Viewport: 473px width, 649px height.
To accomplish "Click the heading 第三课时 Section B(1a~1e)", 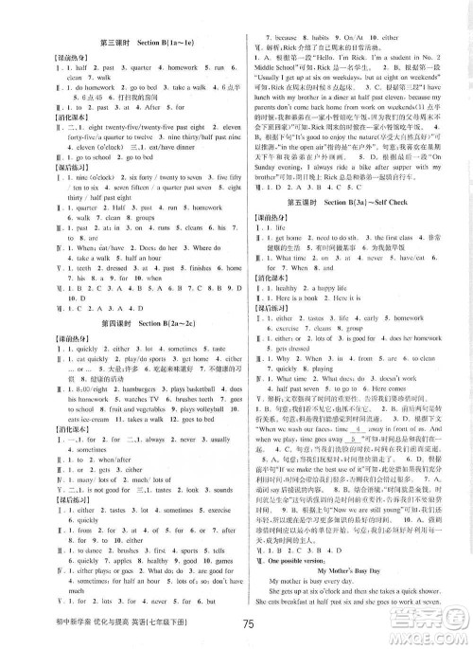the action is pyautogui.click(x=119, y=44).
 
